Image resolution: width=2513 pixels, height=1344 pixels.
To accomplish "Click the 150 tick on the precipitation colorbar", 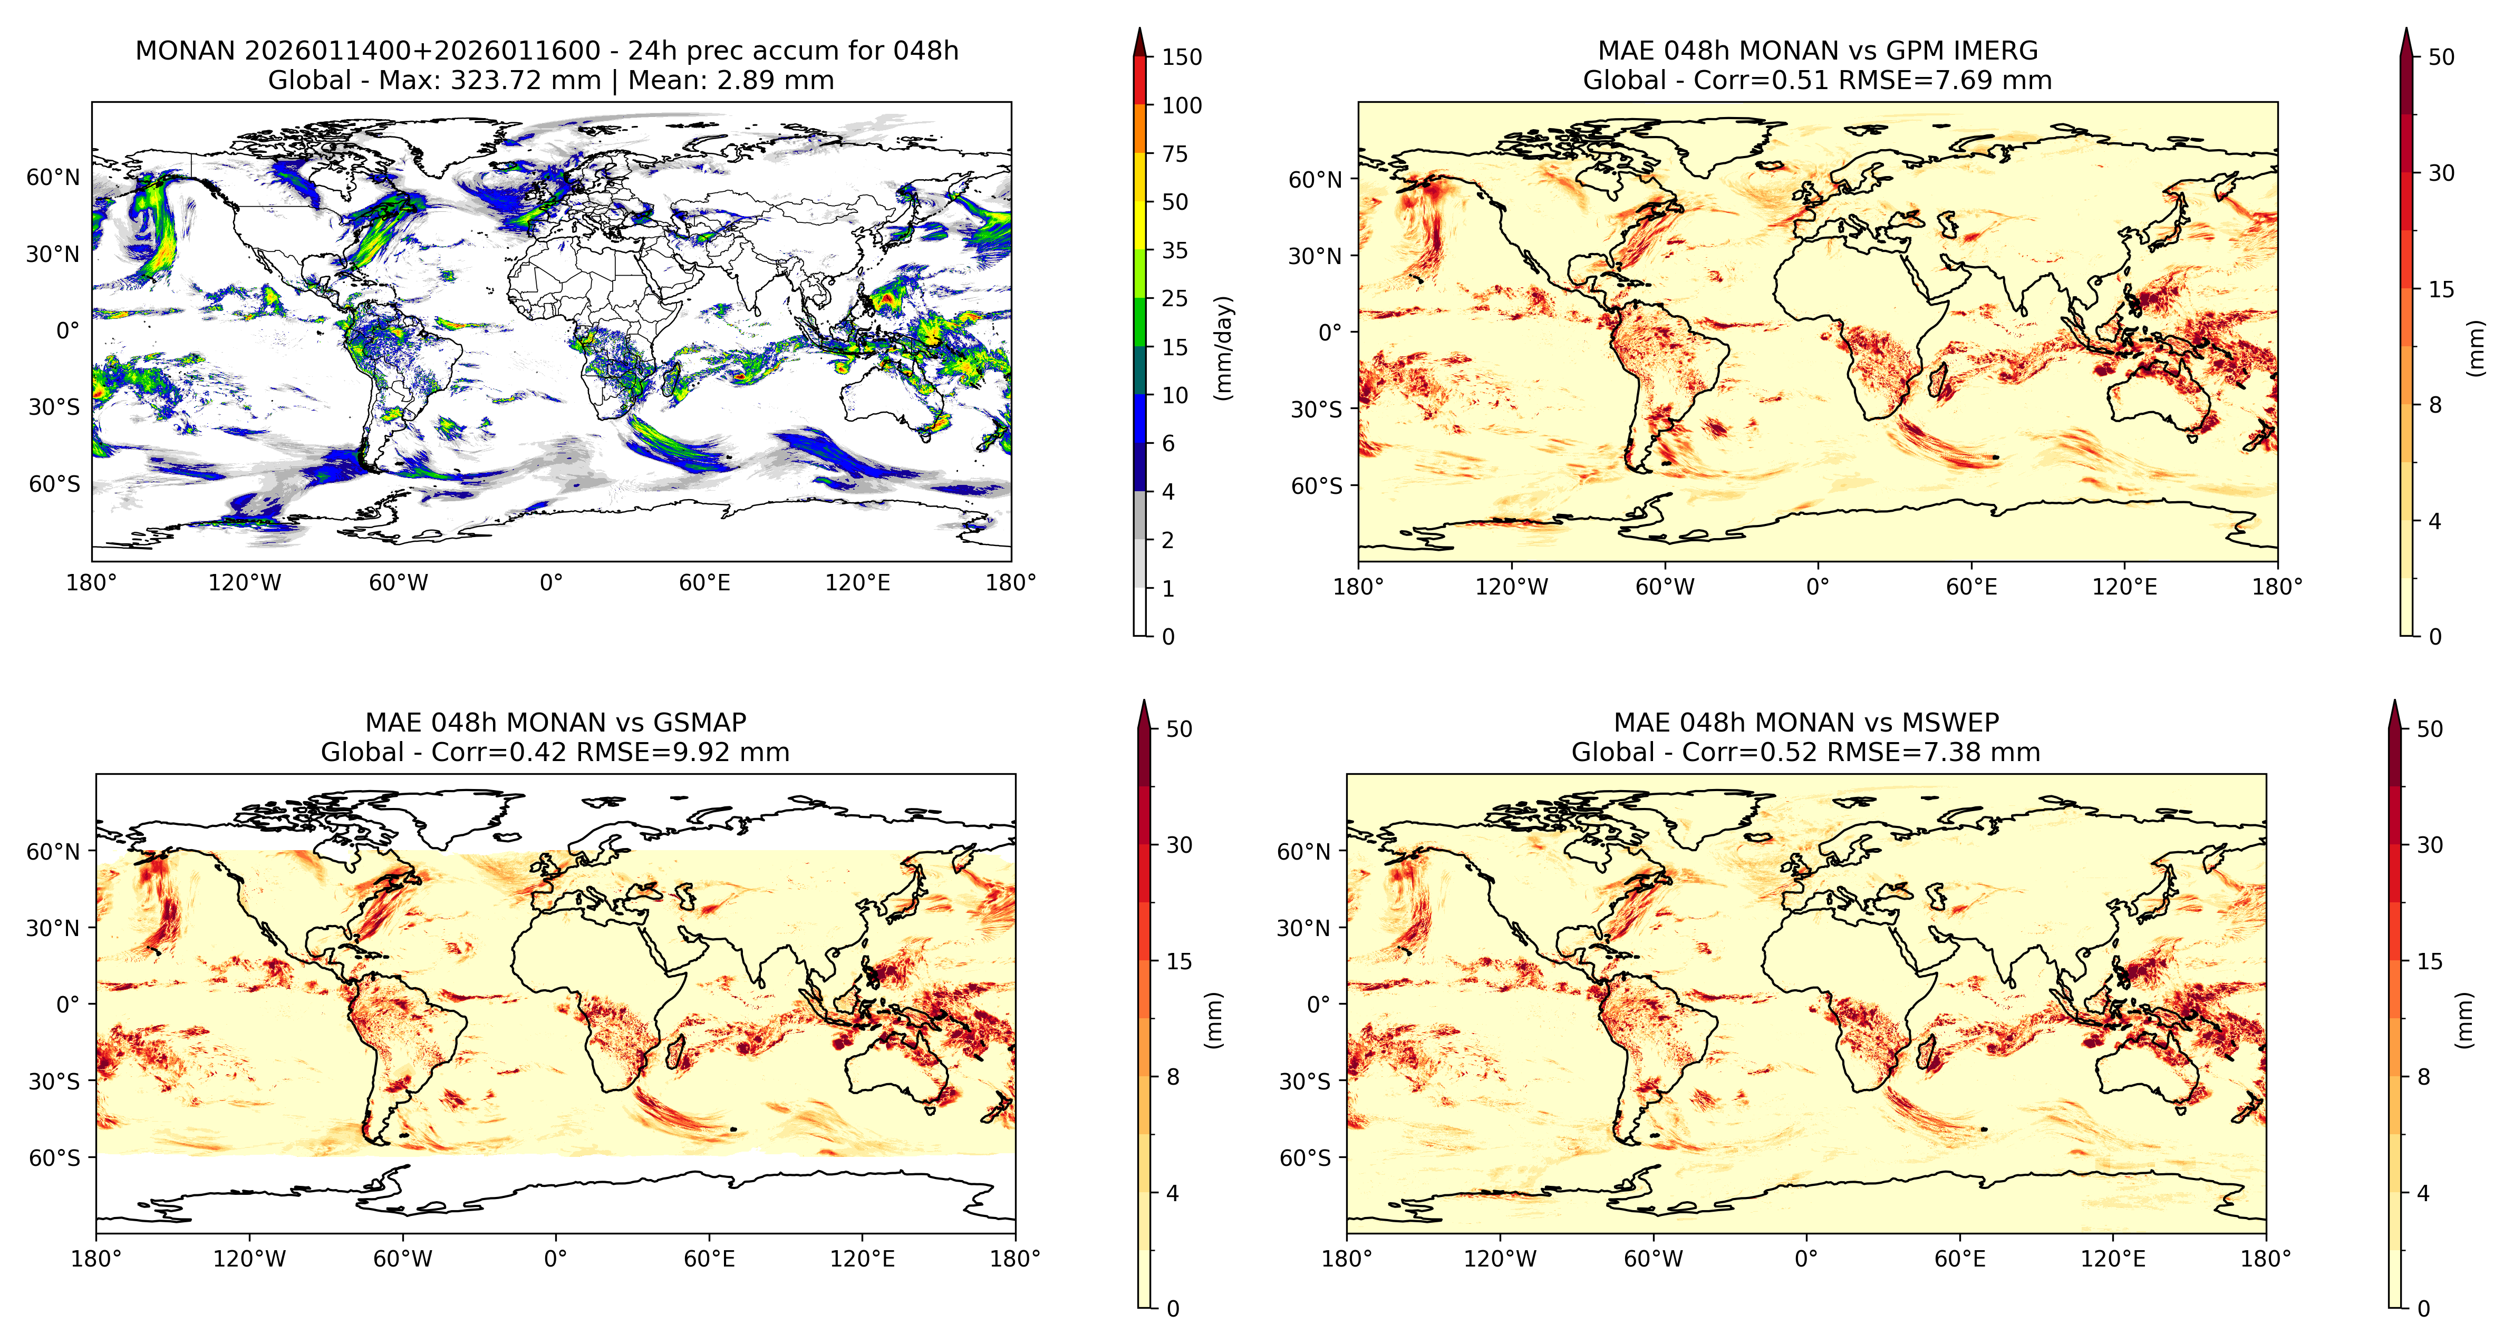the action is [1182, 56].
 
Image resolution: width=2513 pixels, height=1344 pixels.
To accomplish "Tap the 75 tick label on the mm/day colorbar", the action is [1175, 153].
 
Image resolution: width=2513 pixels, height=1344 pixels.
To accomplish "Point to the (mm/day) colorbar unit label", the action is [1223, 347].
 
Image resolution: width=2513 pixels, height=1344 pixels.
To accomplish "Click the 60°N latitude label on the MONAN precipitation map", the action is [53, 177].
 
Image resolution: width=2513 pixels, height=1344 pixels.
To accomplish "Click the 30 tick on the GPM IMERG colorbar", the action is [2441, 173].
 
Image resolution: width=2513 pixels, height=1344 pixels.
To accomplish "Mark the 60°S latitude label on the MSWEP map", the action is [1304, 1158].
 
